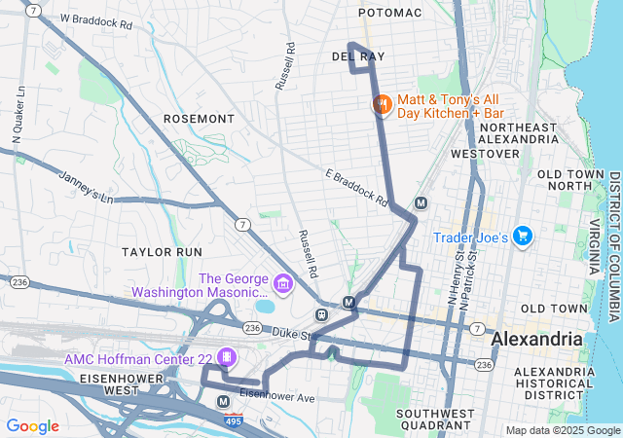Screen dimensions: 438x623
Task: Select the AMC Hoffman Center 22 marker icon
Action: pyautogui.click(x=227, y=358)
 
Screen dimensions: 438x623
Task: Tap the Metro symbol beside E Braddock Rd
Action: pyautogui.click(x=421, y=203)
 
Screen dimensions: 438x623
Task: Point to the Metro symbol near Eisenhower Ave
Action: pyautogui.click(x=224, y=401)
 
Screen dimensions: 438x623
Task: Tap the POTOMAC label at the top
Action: pyautogui.click(x=390, y=13)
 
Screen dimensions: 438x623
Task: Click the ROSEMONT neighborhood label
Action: pyautogui.click(x=199, y=119)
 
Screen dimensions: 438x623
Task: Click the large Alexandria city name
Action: pyautogui.click(x=537, y=340)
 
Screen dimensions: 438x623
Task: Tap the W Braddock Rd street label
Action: pyautogui.click(x=95, y=19)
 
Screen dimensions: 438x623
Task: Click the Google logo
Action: pyautogui.click(x=33, y=425)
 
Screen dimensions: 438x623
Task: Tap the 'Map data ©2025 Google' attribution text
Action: pyautogui.click(x=562, y=431)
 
